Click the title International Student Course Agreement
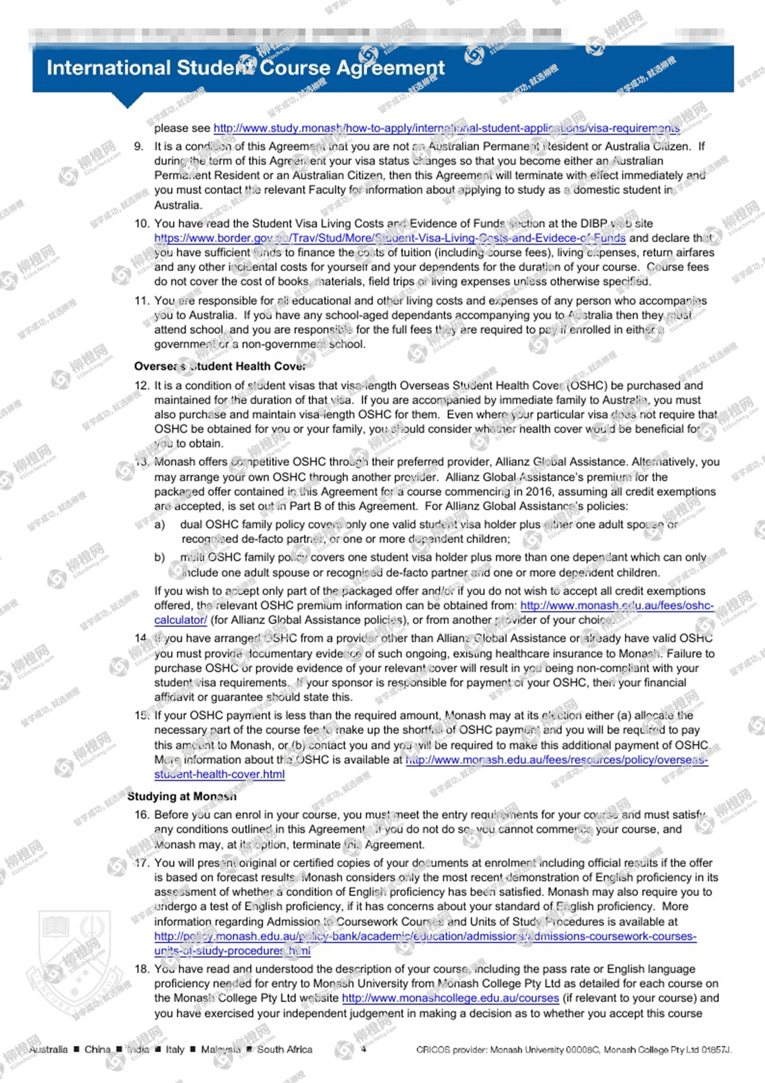coord(245,68)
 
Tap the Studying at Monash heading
coord(182,796)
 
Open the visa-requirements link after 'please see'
coord(446,128)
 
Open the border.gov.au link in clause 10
coord(390,238)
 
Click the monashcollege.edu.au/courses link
coord(450,998)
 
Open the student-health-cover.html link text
coord(219,774)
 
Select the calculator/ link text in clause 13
coord(180,620)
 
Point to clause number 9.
coord(139,147)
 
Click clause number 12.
coord(142,385)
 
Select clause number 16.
coord(142,814)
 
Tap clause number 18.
coord(142,969)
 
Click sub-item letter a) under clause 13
coord(160,525)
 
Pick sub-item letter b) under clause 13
coord(160,557)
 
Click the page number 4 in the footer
coord(363,1049)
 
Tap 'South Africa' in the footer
coord(285,1049)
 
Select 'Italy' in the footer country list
coord(175,1049)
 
